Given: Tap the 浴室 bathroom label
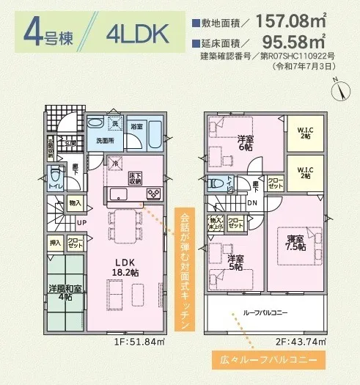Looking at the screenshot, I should pos(137,126).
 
